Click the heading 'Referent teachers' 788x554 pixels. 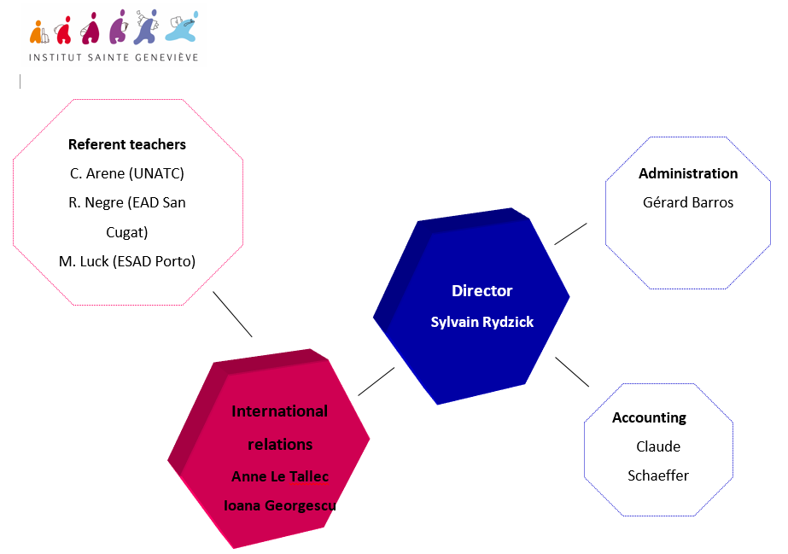pyautogui.click(x=127, y=144)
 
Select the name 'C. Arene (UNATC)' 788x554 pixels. pyautogui.click(x=127, y=174)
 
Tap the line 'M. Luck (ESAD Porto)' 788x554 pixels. pyautogui.click(x=127, y=262)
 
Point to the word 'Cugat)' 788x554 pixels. pyautogui.click(x=127, y=232)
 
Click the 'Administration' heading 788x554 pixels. pyautogui.click(x=688, y=174)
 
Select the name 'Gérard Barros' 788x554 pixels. pyautogui.click(x=688, y=202)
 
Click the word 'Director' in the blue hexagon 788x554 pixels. pyautogui.click(x=482, y=291)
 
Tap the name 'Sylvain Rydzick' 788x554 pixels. pyautogui.click(x=482, y=322)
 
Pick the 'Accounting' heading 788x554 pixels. pyautogui.click(x=649, y=418)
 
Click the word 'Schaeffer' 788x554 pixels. pyautogui.click(x=658, y=475)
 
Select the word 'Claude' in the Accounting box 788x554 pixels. pyautogui.click(x=658, y=446)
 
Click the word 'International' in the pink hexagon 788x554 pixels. pyautogui.click(x=279, y=411)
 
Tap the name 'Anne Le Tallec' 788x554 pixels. pyautogui.click(x=280, y=476)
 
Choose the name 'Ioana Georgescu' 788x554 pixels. pyautogui.click(x=280, y=506)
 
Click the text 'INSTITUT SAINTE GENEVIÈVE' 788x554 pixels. pyautogui.click(x=114, y=58)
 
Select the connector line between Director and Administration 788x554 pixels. pyautogui.click(x=570, y=234)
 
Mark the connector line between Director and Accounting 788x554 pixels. pyautogui.click(x=572, y=371)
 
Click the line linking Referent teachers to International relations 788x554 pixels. pyautogui.click(x=233, y=314)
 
